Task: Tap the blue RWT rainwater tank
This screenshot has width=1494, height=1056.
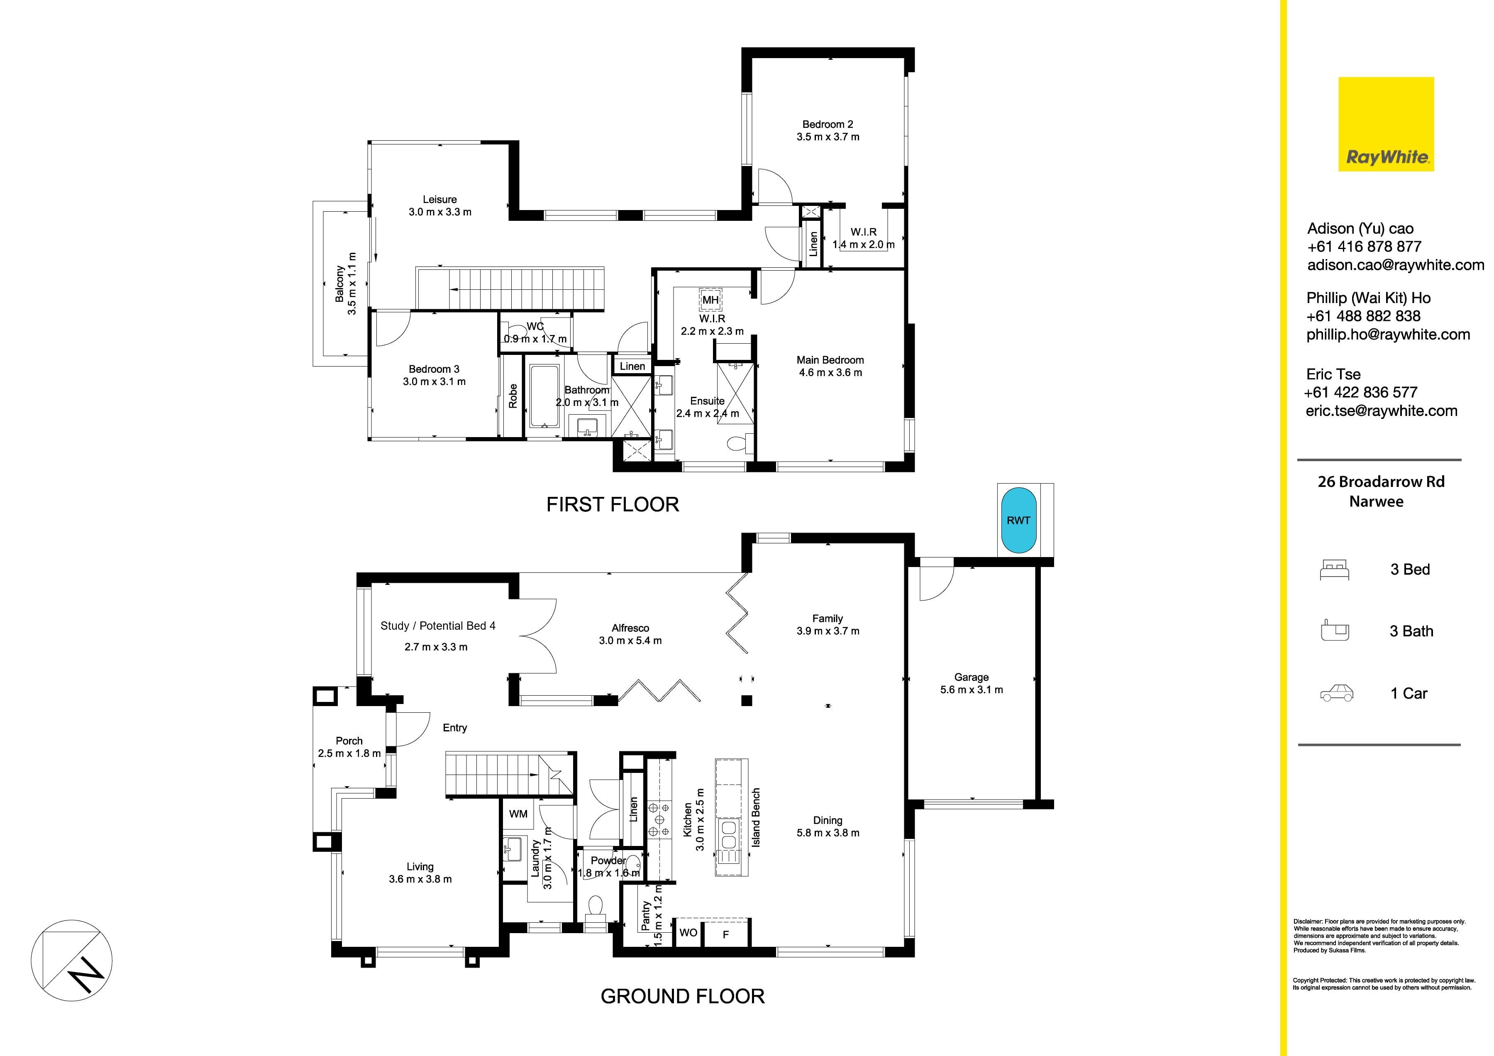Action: (1018, 521)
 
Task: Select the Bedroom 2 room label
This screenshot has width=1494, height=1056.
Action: (828, 124)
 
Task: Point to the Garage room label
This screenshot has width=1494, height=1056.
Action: (972, 677)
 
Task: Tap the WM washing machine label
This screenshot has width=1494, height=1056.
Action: (518, 814)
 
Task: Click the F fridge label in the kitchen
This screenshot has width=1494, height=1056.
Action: (725, 935)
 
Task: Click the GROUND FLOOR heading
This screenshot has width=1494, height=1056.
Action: (683, 996)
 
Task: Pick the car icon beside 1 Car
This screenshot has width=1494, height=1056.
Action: (1337, 693)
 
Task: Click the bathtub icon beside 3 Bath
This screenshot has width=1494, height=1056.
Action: (1335, 631)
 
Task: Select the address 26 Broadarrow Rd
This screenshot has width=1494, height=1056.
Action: (1381, 482)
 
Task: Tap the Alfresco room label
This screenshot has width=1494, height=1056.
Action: (630, 628)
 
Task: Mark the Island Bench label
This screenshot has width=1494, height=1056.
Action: (756, 817)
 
